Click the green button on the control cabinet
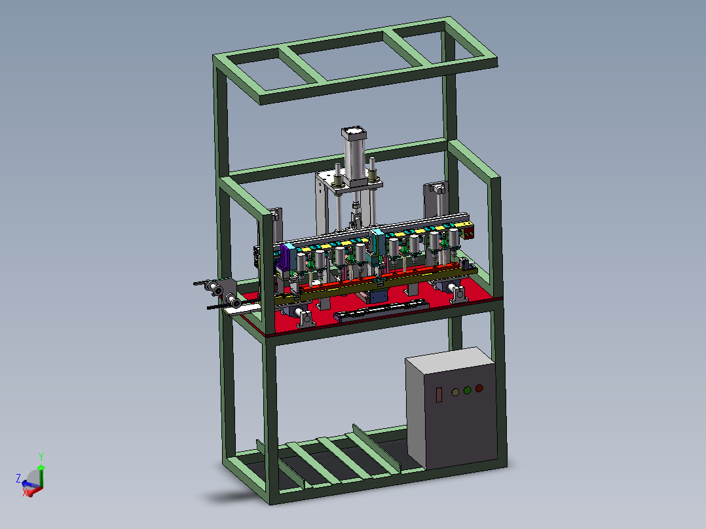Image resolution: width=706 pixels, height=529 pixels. pos(468,390)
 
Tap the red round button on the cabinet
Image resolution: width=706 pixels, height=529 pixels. pos(479,388)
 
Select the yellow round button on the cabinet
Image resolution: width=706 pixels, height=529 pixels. pos(455,392)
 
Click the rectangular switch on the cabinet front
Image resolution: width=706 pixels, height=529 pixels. pos(439,395)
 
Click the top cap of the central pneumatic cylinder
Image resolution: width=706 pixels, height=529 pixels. pos(354,134)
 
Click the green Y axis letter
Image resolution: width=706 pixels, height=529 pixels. pos(41,457)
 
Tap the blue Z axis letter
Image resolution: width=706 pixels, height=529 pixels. pos(18,478)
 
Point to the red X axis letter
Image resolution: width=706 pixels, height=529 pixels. pos(25,493)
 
